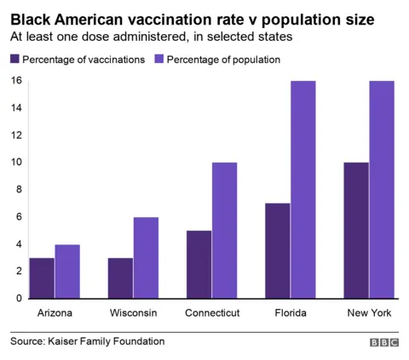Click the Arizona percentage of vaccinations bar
coord(42,277)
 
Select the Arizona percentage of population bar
coord(67,271)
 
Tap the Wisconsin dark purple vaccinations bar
coord(120,277)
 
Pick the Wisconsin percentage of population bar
coord(146,258)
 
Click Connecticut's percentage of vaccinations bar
coord(199,264)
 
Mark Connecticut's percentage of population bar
coord(224,230)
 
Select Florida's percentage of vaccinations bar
coord(277,250)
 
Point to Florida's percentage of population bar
coord(302,189)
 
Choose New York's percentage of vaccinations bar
coord(355,230)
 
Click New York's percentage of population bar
coord(381,189)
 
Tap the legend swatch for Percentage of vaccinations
coord(14,60)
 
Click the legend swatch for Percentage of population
coord(159,60)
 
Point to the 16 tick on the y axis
coord(15,81)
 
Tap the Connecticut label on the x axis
coord(211,313)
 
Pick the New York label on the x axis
coord(369,313)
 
